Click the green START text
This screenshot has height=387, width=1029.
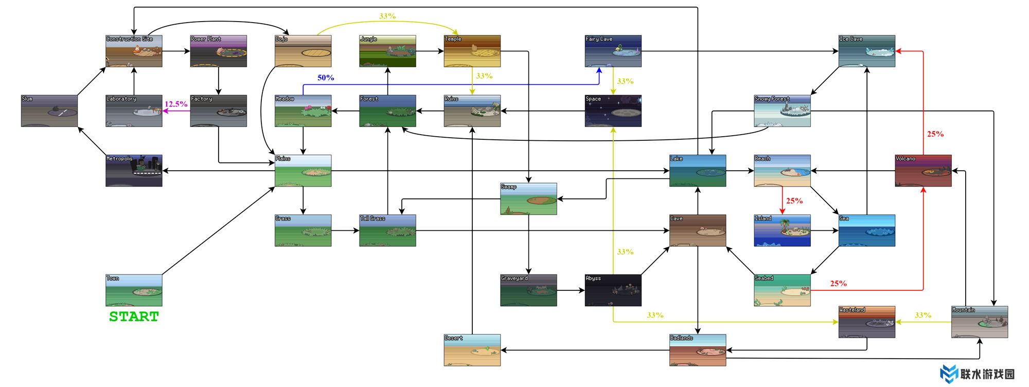pos(134,317)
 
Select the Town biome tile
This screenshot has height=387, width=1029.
pos(134,290)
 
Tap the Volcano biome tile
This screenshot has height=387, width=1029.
pos(923,171)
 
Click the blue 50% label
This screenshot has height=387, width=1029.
pos(326,78)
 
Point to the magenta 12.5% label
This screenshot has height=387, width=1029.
pos(176,104)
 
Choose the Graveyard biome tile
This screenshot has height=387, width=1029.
pos(528,290)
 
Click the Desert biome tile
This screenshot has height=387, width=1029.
pos(472,350)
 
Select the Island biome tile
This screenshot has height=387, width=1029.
pos(782,230)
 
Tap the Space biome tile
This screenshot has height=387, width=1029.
pos(613,110)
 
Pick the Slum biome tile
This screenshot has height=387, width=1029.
pos(49,110)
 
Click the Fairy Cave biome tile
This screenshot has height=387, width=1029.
pos(613,51)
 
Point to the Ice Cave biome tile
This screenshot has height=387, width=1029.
pos(866,51)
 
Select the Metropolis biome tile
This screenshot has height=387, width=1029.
pos(134,171)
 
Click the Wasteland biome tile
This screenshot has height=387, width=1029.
pos(866,322)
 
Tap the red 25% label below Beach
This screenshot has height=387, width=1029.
pos(794,201)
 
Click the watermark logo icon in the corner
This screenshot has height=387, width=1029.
pos(948,374)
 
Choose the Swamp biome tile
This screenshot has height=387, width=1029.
pos(528,198)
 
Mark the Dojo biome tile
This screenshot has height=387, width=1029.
pos(303,51)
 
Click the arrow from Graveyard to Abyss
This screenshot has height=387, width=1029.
pos(571,290)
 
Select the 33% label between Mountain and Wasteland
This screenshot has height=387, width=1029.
pos(922,315)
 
